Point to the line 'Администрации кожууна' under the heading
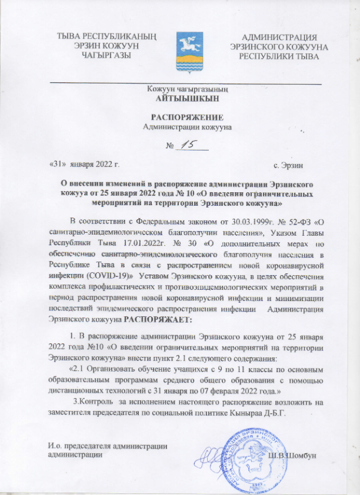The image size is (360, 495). (187, 126)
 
